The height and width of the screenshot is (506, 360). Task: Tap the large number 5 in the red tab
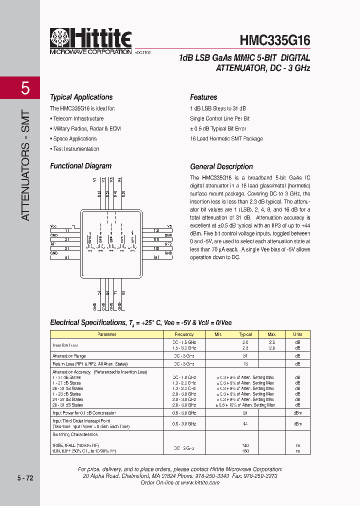[25, 88]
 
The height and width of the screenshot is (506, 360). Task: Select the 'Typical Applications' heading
[81, 97]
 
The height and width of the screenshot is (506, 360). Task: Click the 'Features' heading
[203, 97]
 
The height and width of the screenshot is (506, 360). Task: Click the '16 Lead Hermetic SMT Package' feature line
[226, 138]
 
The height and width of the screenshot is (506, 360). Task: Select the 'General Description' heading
[221, 166]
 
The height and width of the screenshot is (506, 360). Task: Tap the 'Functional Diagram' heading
[80, 166]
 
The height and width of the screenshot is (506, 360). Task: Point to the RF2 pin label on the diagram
[168, 244]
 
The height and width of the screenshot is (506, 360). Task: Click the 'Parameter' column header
[106, 334]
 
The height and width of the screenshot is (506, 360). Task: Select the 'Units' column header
[297, 334]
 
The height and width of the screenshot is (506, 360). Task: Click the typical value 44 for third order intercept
[245, 423]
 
